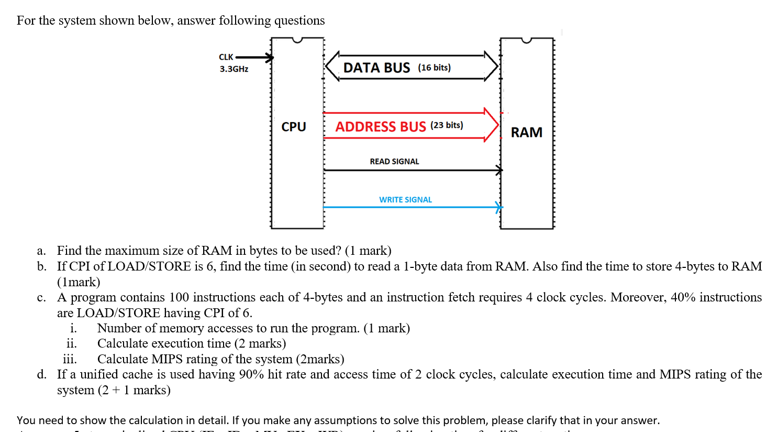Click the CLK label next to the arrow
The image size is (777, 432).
pos(226,57)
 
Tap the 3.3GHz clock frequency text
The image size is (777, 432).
pos(234,69)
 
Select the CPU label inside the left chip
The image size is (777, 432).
pos(293,127)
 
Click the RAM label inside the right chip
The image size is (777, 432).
pos(526,132)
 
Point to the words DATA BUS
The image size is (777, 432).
pos(376,68)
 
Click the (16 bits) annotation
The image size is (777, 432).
pos(434,68)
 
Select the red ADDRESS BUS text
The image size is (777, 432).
pos(381,126)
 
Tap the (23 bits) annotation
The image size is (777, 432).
pos(447,125)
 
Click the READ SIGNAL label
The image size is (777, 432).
pos(394,161)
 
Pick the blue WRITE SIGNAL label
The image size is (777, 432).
pos(405,200)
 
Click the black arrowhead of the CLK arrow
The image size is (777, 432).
pos(269,58)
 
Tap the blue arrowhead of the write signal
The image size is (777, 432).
pos(499,207)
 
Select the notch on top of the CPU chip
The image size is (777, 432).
pos(297,40)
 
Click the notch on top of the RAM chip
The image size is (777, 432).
pos(526,40)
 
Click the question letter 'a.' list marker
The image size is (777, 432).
pos(41,251)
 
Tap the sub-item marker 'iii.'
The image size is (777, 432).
pos(70,359)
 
